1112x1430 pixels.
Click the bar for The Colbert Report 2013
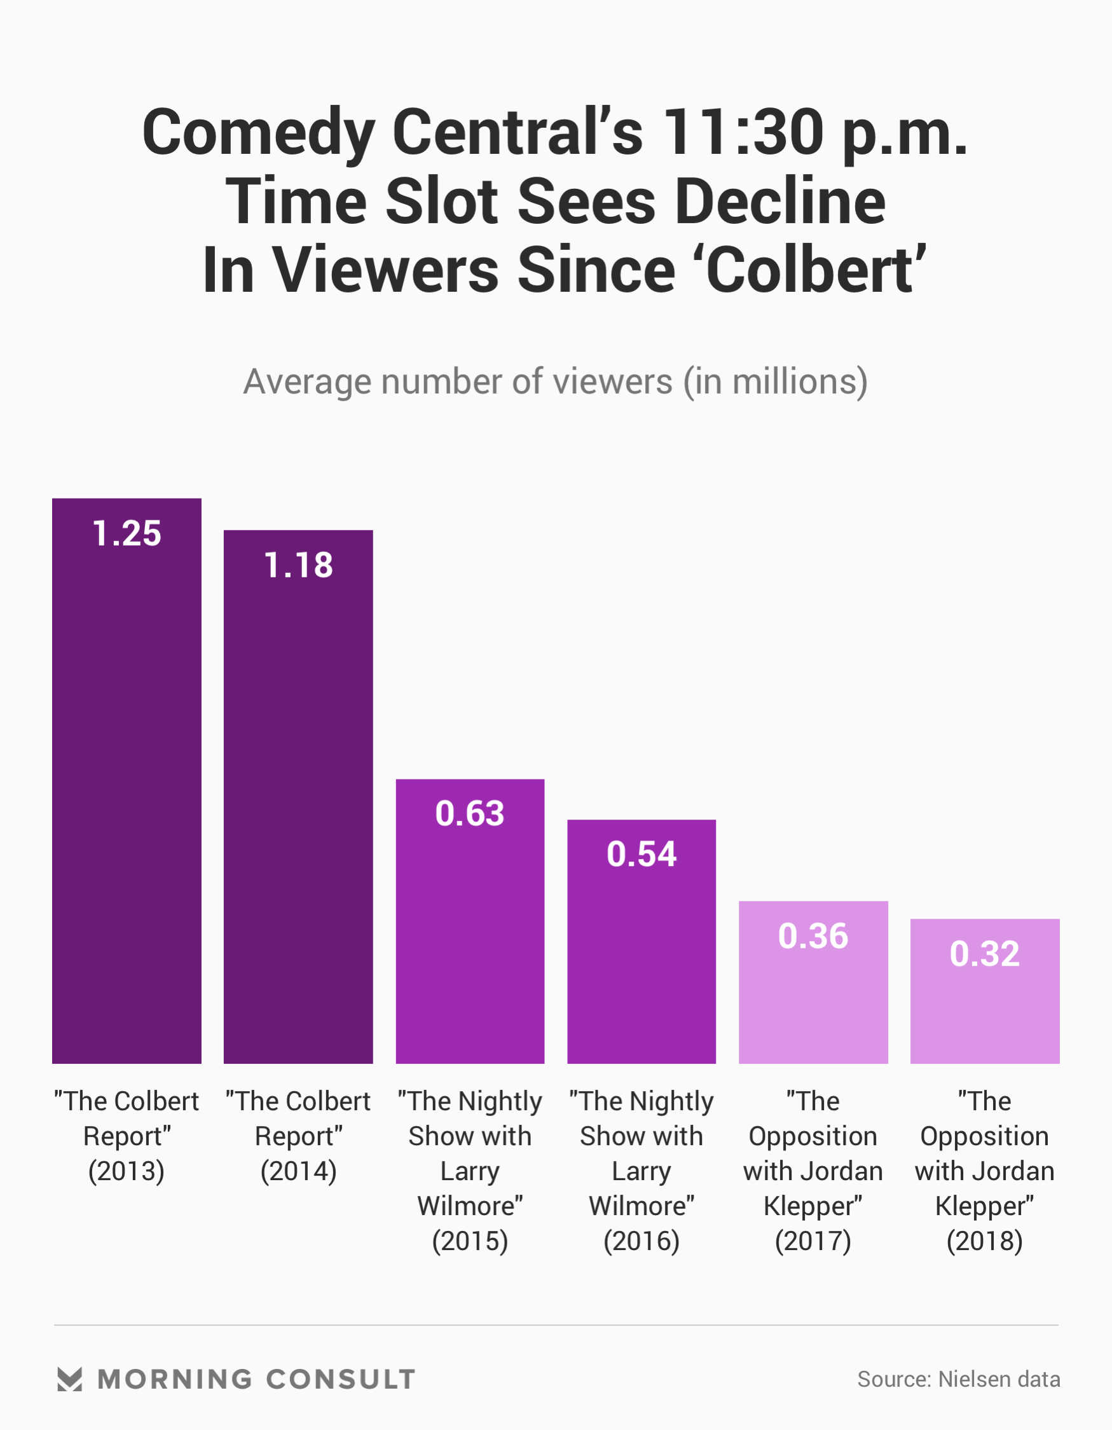(x=127, y=786)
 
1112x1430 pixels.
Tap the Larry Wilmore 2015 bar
(x=470, y=930)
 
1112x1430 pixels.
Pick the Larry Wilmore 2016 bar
(x=641, y=949)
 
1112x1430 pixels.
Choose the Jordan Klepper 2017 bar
(x=813, y=995)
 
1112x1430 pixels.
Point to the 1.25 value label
(x=127, y=533)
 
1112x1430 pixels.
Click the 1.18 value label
(x=298, y=565)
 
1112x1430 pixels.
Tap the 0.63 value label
(x=470, y=814)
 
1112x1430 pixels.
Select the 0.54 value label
(x=641, y=855)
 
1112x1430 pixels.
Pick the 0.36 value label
(x=813, y=937)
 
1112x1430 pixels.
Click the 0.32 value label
(x=984, y=954)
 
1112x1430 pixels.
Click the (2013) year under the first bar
(x=127, y=1171)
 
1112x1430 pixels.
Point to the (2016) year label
(x=641, y=1241)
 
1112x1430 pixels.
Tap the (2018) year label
(x=984, y=1241)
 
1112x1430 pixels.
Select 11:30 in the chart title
(x=743, y=132)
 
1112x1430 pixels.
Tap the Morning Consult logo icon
(x=69, y=1380)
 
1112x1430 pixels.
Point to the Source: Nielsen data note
(x=958, y=1380)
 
